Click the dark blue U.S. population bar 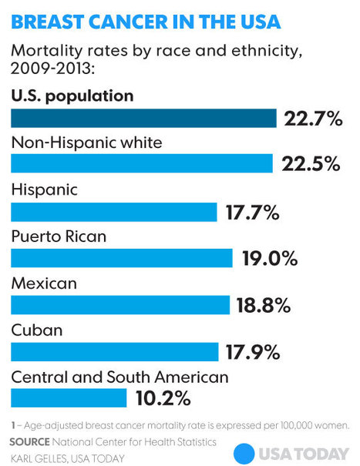click(143, 118)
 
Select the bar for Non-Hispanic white click(141, 164)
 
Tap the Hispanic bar click(113, 212)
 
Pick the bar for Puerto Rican click(121, 258)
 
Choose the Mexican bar click(119, 305)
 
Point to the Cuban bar click(114, 351)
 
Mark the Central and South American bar click(68, 397)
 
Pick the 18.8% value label click(264, 306)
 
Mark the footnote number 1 click(13, 424)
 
